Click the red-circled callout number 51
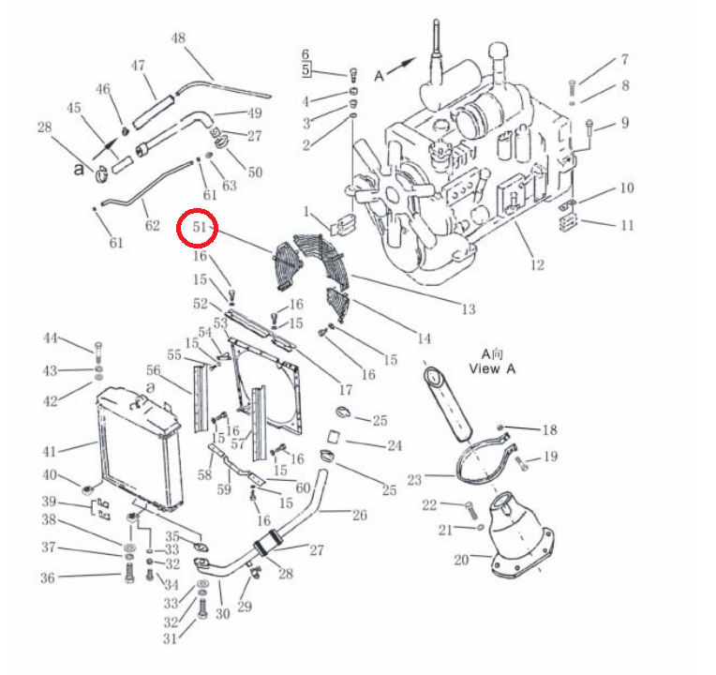(x=200, y=227)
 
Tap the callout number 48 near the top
(x=178, y=37)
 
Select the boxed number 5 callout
(x=306, y=70)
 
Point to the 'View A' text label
(x=492, y=368)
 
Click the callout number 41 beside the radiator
(x=50, y=452)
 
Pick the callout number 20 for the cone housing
(x=461, y=560)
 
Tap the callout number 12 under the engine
(x=537, y=265)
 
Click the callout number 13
(x=469, y=309)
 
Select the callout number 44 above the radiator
(x=51, y=337)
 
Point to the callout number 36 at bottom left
(x=48, y=577)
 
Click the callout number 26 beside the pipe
(x=360, y=515)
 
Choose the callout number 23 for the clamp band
(x=414, y=480)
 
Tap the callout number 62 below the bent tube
(x=153, y=225)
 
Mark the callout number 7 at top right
(x=625, y=59)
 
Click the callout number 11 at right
(x=627, y=225)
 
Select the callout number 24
(x=395, y=445)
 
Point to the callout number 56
(x=154, y=370)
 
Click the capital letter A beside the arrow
(x=379, y=76)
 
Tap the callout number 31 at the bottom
(x=170, y=638)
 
